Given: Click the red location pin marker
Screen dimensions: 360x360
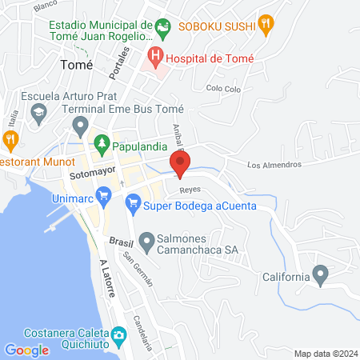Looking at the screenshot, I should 181,163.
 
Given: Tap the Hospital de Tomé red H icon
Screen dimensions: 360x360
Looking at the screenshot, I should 154,58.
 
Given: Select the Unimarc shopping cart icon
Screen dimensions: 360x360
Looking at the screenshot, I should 103,194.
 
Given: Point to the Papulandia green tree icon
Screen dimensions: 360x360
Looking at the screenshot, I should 102,145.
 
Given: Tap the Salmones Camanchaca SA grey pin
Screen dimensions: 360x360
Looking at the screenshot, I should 147,240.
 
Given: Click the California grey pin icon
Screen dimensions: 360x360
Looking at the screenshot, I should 321,276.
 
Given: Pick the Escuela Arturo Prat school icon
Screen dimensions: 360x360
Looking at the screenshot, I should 38,114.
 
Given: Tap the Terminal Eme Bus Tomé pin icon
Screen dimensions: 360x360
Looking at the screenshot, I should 80,126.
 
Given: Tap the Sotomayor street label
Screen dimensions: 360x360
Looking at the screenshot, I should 93,171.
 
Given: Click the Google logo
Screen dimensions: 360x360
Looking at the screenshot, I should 27,350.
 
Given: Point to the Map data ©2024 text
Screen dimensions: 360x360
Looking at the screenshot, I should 324,353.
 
